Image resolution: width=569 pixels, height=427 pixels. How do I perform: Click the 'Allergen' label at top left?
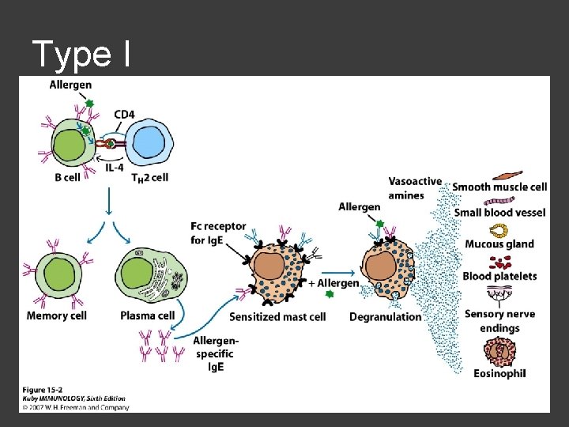70,85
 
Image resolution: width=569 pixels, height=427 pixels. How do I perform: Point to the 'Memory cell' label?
56,316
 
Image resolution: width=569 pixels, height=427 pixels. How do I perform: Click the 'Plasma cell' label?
147,316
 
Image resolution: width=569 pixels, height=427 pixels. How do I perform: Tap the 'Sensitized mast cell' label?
277,317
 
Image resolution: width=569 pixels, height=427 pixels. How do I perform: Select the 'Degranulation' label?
386,317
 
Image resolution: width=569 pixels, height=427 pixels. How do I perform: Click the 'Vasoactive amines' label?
415,188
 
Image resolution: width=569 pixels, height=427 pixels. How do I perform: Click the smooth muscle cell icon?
507,174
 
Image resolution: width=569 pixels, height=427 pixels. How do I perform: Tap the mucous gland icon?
499,230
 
